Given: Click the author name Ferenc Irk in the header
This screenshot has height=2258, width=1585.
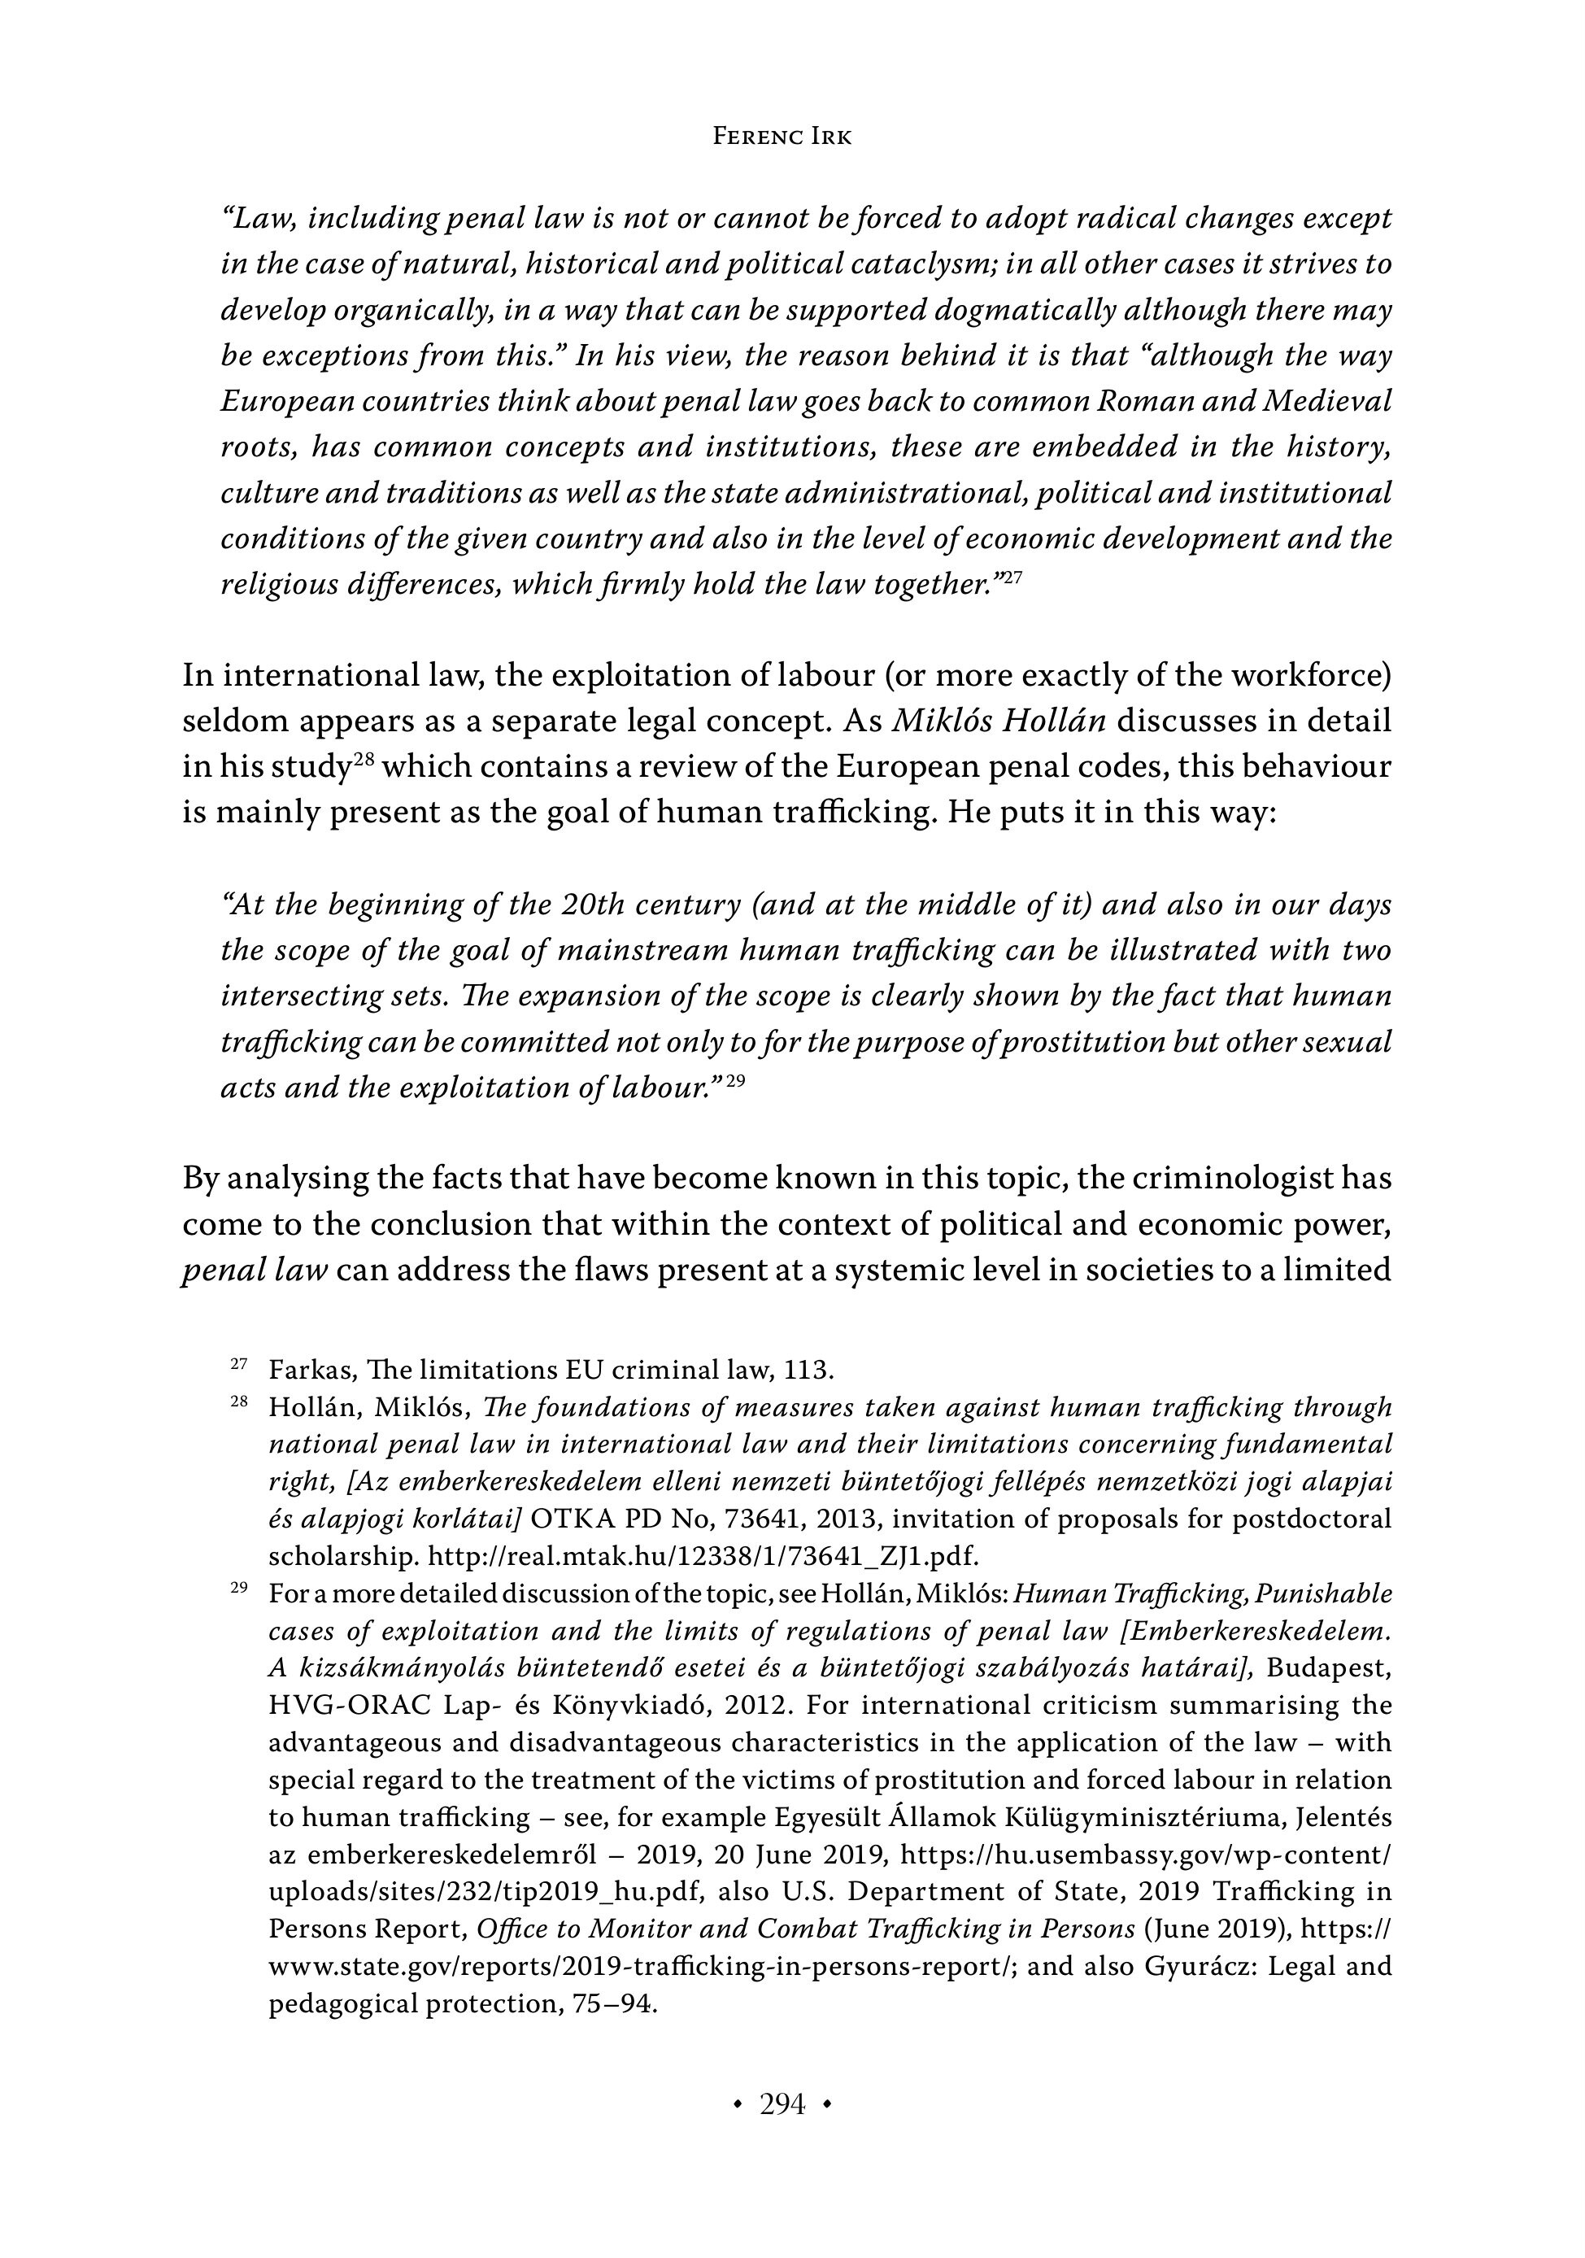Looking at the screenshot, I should (782, 137).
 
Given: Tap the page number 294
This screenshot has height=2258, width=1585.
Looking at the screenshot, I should (782, 2103).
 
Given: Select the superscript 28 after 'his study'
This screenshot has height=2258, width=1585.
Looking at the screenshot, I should (364, 761).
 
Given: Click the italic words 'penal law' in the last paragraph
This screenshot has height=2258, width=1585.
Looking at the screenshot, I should (255, 1270).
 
